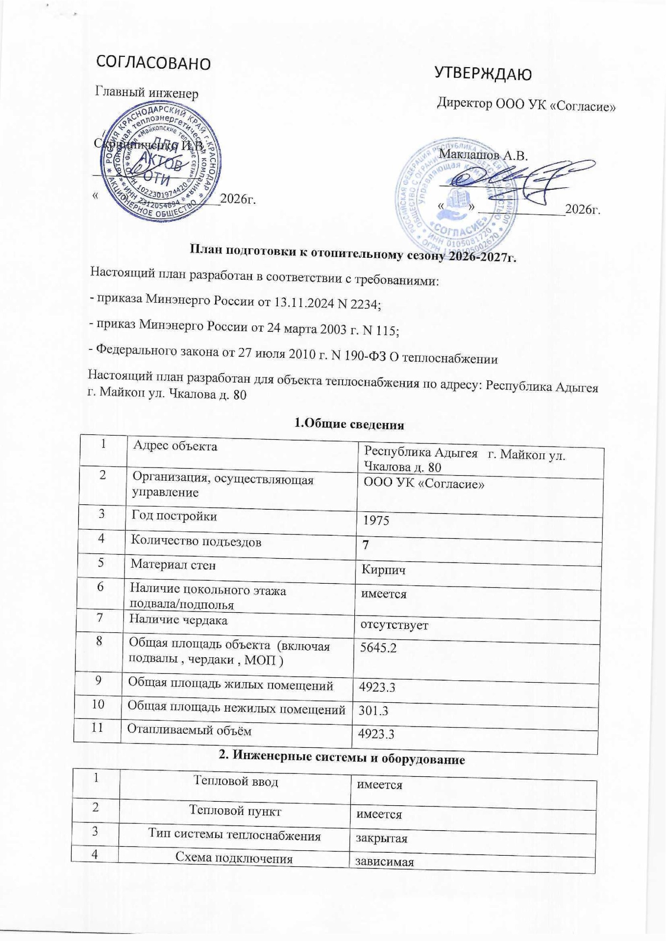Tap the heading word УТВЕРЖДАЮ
[x=483, y=74]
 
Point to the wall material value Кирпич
[x=383, y=570]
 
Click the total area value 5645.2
[x=378, y=648]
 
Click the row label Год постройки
[x=174, y=516]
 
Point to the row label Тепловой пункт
[x=235, y=811]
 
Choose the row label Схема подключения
[x=234, y=859]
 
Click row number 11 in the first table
[x=97, y=727]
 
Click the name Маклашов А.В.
[x=484, y=156]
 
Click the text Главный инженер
[x=147, y=92]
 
